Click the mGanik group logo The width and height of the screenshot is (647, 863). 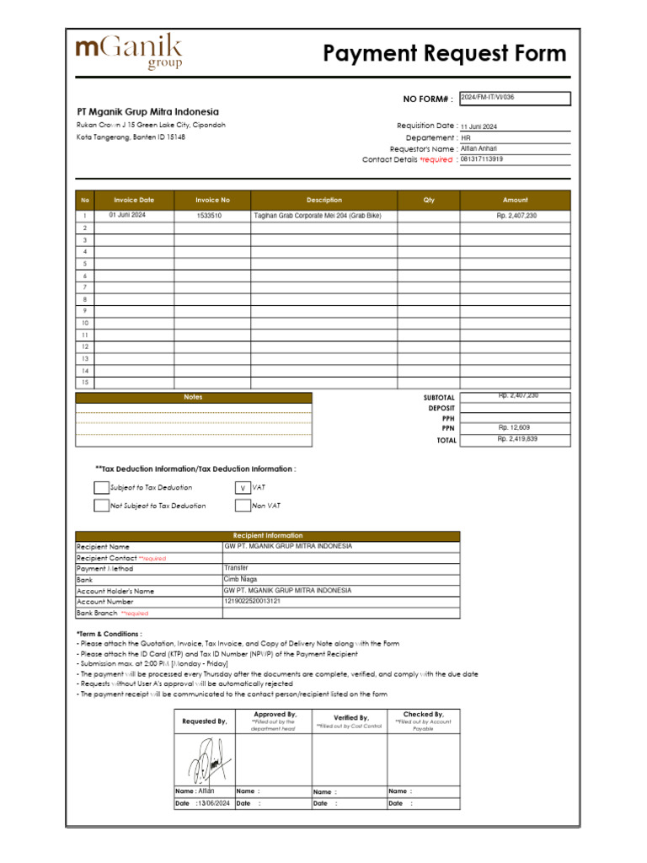click(x=129, y=52)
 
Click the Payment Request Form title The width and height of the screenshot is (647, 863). click(x=445, y=54)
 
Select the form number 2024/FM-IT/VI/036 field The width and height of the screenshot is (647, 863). click(x=515, y=99)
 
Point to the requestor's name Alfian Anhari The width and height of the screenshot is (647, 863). click(x=479, y=148)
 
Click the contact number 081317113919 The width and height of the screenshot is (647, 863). click(x=482, y=159)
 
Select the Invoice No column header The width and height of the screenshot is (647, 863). click(x=212, y=201)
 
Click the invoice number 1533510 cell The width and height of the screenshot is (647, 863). click(x=210, y=216)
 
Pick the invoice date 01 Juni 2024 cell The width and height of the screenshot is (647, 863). click(x=127, y=216)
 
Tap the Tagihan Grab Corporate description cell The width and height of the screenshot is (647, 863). click(x=318, y=216)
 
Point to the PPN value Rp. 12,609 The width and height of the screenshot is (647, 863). click(x=515, y=428)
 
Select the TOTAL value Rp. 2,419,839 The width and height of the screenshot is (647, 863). click(x=516, y=439)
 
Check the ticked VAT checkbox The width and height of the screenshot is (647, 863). click(x=243, y=488)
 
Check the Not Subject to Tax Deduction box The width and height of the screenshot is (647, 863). click(x=101, y=506)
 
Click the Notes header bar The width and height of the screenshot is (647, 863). click(x=194, y=397)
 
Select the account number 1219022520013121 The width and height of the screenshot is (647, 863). click(x=253, y=602)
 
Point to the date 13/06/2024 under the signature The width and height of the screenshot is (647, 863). click(x=213, y=804)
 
